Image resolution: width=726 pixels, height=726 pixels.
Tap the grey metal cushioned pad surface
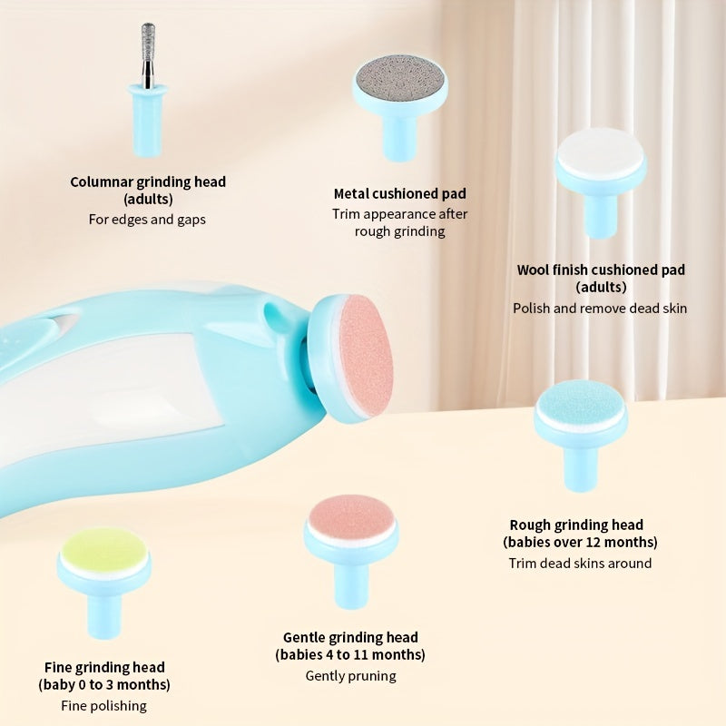[x=399, y=74]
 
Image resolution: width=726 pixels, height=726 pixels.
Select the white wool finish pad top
[x=600, y=152]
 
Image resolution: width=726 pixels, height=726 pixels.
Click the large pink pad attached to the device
[x=365, y=356]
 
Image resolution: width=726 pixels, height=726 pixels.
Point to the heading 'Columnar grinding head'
[x=148, y=181]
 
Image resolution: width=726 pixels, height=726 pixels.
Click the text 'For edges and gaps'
[x=147, y=219]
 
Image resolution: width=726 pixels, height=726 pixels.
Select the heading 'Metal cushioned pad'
[x=399, y=193]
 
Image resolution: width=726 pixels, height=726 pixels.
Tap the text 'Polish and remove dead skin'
[x=600, y=308]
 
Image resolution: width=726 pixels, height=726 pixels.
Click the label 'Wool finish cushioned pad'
[x=601, y=270]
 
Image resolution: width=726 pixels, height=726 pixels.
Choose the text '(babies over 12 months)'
[x=580, y=542]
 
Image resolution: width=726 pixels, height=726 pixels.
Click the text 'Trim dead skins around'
[x=580, y=563]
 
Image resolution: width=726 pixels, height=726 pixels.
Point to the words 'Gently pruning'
[x=350, y=675]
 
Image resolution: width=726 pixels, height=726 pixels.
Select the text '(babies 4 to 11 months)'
[x=350, y=654]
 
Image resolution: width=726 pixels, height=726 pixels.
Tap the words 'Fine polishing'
[x=103, y=705]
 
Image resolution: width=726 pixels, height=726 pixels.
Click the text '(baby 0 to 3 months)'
[x=103, y=684]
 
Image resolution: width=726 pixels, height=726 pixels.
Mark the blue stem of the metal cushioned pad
[x=399, y=136]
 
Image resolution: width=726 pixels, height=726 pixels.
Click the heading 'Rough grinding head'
[x=576, y=525]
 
